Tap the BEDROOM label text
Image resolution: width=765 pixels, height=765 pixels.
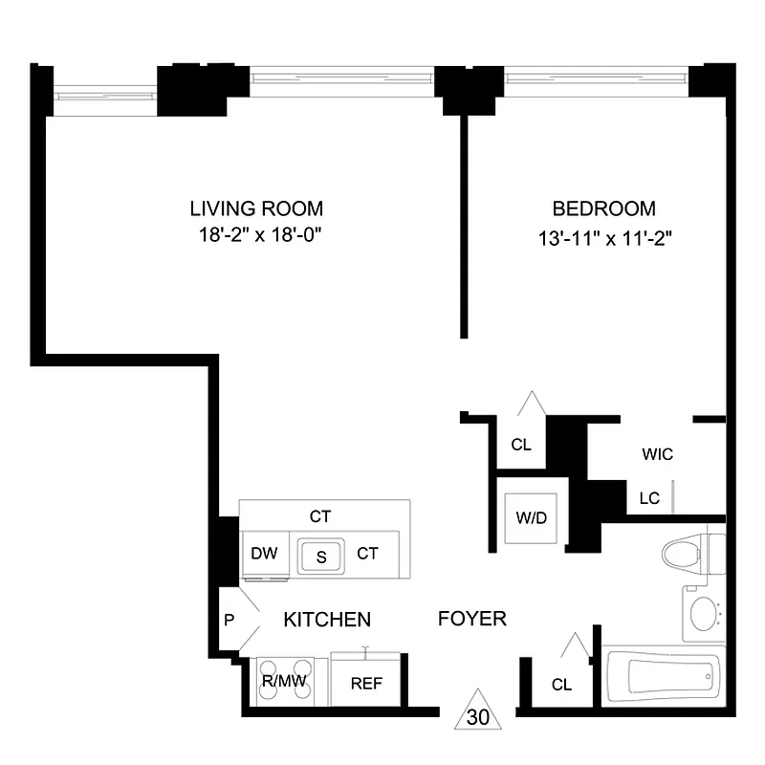(604, 208)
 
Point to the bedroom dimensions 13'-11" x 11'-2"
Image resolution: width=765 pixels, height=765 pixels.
(604, 235)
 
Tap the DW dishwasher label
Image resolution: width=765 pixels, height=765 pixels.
(263, 553)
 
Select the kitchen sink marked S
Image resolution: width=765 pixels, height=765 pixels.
(321, 555)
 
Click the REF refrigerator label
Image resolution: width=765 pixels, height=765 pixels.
(366, 684)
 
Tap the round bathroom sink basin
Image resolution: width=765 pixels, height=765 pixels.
(705, 612)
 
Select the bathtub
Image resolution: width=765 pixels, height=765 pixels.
(674, 680)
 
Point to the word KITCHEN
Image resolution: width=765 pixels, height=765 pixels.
(327, 620)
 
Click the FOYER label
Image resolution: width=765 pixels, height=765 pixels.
(471, 620)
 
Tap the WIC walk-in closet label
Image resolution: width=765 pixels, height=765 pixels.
(657, 454)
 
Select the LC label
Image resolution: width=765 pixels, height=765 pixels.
(647, 497)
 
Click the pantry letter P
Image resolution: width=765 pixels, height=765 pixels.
(229, 620)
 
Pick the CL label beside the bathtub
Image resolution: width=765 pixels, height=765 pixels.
(561, 685)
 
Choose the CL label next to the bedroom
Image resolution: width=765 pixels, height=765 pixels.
(521, 445)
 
